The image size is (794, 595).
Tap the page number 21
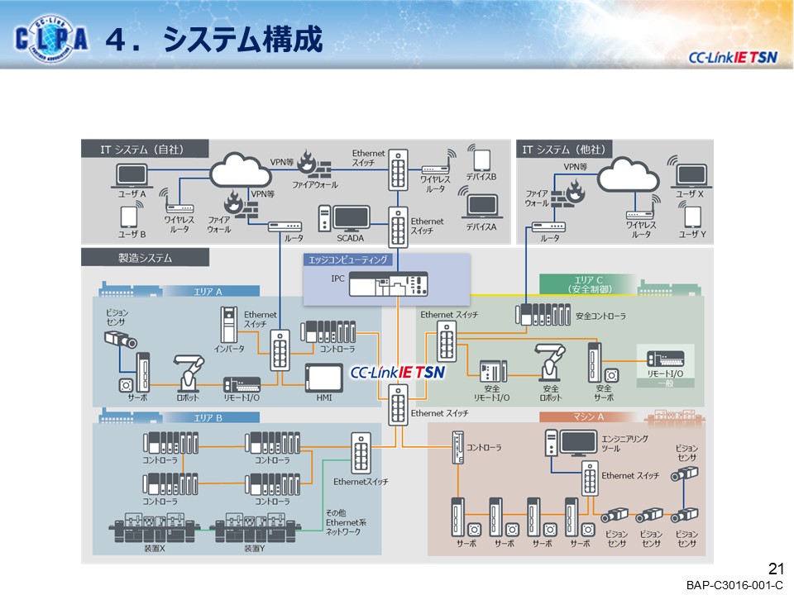(775, 569)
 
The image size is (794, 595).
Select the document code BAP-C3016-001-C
(734, 585)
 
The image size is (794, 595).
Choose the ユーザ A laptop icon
(132, 175)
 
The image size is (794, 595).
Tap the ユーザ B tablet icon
(128, 217)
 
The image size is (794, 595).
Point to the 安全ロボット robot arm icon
(550, 360)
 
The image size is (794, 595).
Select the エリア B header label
(208, 417)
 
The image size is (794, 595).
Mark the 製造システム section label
(145, 258)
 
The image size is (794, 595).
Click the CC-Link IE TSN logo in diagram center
(398, 373)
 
